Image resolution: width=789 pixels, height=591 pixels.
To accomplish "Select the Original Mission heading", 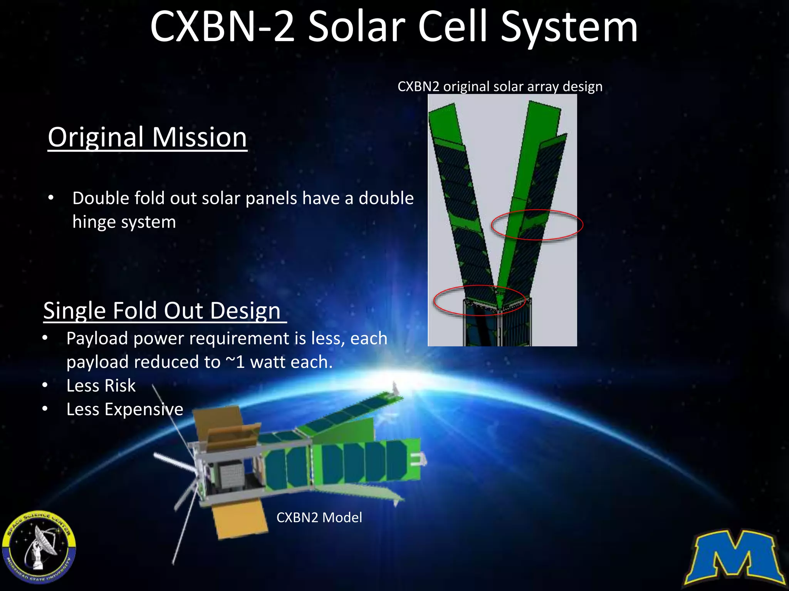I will click(147, 137).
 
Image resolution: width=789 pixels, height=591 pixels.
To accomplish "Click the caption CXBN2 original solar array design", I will click(500, 87).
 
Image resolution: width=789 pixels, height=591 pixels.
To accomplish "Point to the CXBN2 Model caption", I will click(319, 518).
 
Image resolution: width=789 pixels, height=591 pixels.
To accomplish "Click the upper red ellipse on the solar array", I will click(537, 225).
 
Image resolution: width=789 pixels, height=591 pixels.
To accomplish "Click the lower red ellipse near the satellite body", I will click(479, 301).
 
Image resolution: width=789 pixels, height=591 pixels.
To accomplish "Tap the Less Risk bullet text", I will click(101, 386).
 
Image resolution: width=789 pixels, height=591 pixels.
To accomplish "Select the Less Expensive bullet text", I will click(124, 409).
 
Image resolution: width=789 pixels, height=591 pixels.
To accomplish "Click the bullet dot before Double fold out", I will click(51, 198).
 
